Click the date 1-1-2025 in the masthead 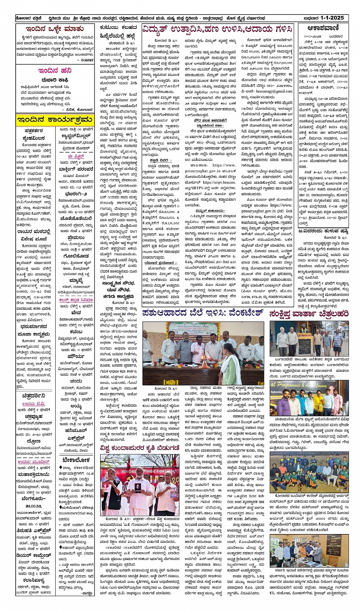(x=332, y=18)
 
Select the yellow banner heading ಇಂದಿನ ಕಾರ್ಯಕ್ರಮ (x=55, y=120)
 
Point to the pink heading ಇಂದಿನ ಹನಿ (x=55, y=70)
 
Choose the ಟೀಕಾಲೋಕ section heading (x=77, y=460)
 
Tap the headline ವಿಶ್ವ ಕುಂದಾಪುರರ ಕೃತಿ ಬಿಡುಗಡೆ (x=139, y=447)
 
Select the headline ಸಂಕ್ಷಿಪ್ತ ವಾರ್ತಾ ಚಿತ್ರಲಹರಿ (x=309, y=314)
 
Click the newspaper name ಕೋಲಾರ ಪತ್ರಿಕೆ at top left (x=28, y=18)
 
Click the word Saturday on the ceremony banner (x=277, y=392)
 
